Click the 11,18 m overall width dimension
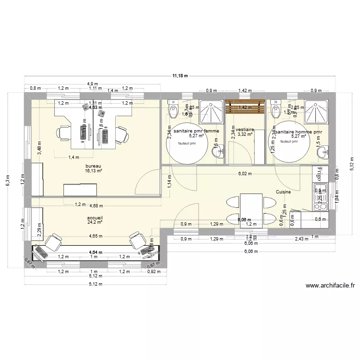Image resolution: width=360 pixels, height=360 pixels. (x=180, y=76)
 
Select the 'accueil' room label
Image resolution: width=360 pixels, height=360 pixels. (x=95, y=217)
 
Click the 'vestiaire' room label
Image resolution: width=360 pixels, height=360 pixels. (x=245, y=130)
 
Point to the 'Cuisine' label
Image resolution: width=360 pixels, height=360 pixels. (x=283, y=192)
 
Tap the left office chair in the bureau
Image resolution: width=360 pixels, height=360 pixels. (x=64, y=133)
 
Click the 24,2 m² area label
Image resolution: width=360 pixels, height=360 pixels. (x=95, y=223)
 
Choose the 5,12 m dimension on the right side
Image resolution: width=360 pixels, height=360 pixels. (x=351, y=164)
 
